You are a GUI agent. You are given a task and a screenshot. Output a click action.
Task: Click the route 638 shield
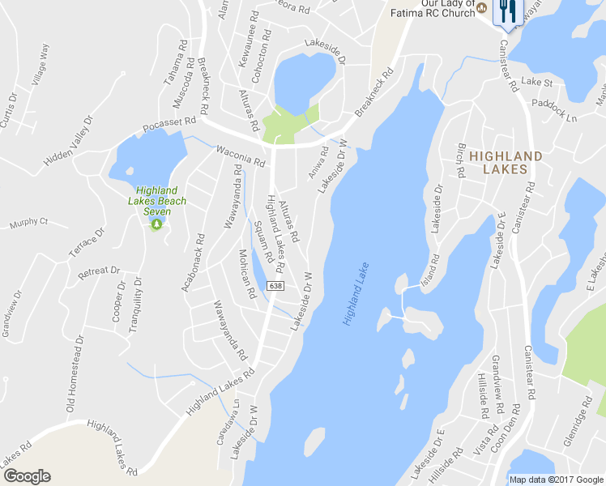[x=276, y=287]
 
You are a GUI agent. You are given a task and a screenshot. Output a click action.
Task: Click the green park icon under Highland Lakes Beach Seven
[x=156, y=224]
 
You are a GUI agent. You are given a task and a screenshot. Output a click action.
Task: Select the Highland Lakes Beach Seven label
[x=156, y=201]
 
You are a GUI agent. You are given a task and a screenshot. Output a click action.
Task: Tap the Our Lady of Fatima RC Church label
[x=434, y=7]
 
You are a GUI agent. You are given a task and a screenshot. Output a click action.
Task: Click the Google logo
[x=27, y=476]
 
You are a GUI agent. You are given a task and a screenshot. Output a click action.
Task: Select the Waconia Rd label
[x=241, y=156]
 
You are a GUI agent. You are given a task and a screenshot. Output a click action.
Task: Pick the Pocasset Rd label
[x=169, y=125]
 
